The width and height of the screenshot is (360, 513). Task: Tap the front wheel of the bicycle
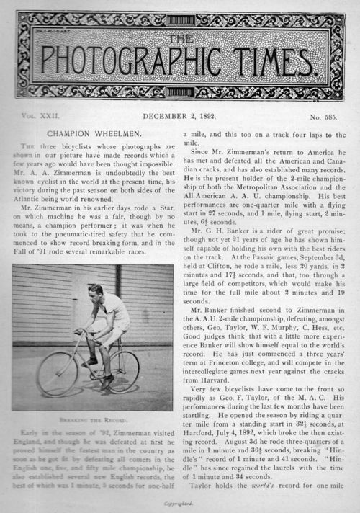58,373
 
